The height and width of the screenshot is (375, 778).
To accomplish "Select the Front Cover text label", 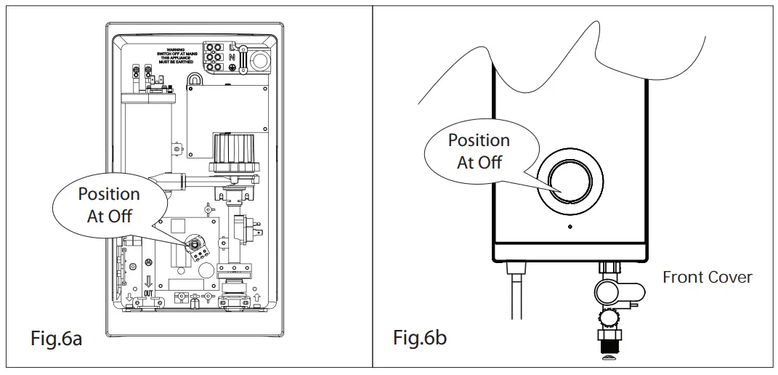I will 707,277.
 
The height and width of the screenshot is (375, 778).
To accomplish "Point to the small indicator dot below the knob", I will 570,227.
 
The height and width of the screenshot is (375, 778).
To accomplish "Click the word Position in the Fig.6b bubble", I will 479,140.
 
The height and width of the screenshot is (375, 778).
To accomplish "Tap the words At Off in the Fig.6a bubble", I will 109,216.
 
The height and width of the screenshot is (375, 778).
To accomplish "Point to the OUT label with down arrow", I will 148,289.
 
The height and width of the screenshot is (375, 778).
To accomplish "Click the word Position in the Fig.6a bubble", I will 109,194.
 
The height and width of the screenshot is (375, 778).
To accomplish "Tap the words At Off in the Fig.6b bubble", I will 479,162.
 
